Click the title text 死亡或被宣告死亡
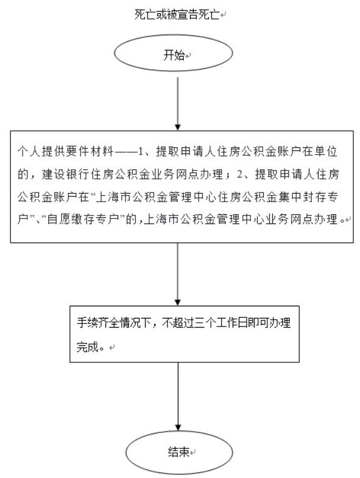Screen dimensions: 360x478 tap(177, 15)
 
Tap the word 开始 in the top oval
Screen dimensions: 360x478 tap(174, 55)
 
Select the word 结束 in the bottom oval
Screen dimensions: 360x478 tap(178, 451)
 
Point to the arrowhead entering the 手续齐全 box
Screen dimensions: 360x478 tap(177, 302)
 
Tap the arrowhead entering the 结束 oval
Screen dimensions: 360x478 tap(177, 427)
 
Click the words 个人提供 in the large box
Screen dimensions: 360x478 tap(41, 151)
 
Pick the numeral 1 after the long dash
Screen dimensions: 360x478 tap(141, 152)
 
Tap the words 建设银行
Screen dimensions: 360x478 tap(66, 174)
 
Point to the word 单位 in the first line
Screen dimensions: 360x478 tap(326, 151)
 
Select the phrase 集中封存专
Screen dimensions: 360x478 tap(308, 197)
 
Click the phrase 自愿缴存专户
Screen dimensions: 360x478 tap(82, 219)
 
